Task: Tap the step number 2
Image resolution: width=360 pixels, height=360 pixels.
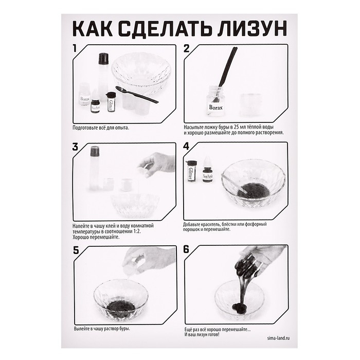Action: click(187, 49)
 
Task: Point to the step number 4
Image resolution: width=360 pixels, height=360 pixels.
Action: click(187, 147)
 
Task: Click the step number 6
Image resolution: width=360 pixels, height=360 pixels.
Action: click(187, 250)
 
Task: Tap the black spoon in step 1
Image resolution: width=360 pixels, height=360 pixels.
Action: click(136, 95)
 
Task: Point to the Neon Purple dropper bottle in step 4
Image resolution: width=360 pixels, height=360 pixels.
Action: click(207, 172)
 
